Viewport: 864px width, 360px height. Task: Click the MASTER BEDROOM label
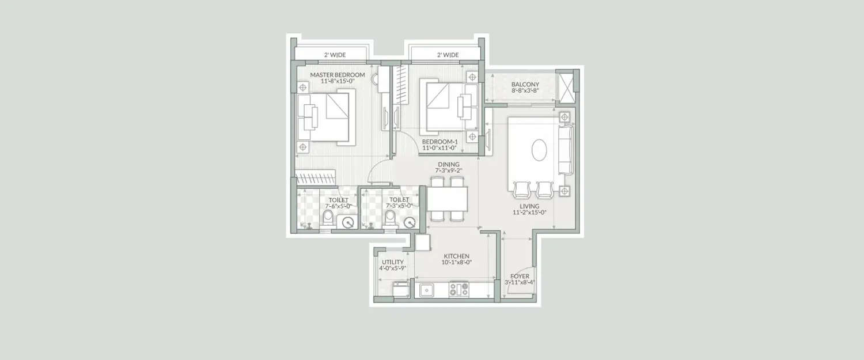338,75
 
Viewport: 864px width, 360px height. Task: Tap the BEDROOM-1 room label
440,141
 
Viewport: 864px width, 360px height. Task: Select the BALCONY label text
525,85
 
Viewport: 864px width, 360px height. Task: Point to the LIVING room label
529,206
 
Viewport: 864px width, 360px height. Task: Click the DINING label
448,165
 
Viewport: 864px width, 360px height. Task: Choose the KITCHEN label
456,256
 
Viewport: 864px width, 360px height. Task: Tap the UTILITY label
392,262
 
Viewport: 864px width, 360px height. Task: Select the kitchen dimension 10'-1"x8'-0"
456,263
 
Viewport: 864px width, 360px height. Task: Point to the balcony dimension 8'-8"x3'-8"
525,91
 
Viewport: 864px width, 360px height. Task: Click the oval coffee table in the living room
540,151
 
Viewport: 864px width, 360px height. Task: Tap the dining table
447,199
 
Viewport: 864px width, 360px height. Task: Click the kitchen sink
427,290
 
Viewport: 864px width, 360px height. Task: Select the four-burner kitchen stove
458,289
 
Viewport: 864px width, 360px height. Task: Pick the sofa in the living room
566,151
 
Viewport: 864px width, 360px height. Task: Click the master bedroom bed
324,117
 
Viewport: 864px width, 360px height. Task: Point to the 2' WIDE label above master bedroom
334,55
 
